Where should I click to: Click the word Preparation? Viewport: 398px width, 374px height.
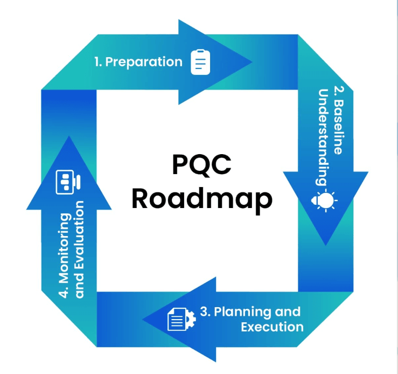point(144,62)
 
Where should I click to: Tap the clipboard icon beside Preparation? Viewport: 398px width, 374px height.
point(200,62)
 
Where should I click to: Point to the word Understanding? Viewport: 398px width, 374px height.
point(324,133)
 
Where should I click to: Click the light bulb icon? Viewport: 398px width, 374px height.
point(325,201)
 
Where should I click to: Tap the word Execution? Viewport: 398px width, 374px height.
point(272,327)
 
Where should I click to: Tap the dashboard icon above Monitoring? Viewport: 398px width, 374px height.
point(67,183)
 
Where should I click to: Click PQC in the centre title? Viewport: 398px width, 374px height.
point(201,164)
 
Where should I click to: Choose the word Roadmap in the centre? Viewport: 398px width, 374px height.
point(201,199)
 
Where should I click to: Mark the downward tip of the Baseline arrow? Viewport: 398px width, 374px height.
point(325,245)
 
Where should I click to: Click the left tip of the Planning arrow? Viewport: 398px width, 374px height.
point(143,318)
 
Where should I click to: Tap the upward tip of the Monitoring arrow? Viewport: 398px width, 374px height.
point(68,137)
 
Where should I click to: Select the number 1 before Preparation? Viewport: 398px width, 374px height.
point(98,62)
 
